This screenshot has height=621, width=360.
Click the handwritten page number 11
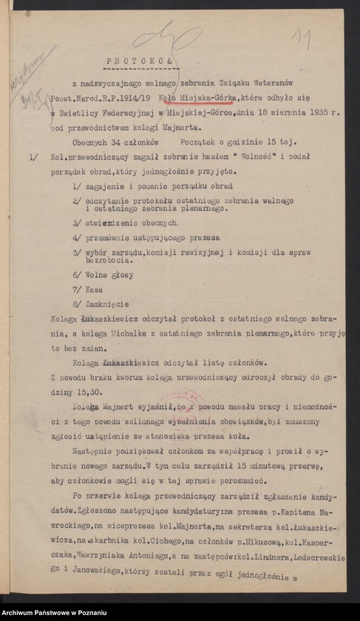pos(300,38)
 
